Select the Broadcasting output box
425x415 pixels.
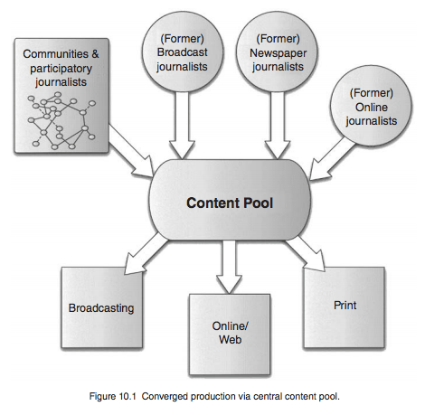[x=101, y=307]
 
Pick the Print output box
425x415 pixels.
[x=344, y=306]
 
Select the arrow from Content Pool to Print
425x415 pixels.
[x=308, y=254]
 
